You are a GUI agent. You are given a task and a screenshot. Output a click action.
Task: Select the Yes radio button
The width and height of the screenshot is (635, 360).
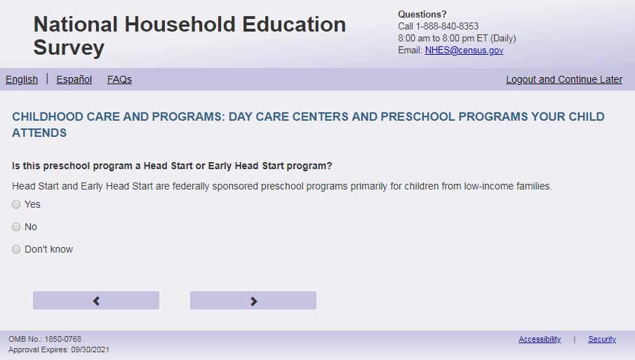click(16, 204)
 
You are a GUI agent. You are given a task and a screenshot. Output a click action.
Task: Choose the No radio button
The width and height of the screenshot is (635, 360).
click(16, 227)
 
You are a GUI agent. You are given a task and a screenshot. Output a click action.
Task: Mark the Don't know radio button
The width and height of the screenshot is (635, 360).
click(16, 249)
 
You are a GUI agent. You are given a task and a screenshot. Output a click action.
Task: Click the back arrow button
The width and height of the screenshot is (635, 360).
click(96, 300)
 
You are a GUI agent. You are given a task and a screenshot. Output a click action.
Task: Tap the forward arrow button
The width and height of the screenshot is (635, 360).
click(253, 300)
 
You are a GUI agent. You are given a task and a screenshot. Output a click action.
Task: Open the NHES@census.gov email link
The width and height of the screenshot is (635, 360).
click(464, 51)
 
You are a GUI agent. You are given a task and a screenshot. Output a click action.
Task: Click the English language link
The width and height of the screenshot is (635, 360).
click(22, 79)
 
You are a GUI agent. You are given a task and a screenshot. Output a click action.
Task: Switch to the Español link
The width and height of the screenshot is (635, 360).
click(74, 79)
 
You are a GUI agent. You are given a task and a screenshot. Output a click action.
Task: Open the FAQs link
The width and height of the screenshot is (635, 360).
click(119, 79)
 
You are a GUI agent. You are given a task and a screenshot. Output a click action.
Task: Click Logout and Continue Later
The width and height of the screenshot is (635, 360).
click(564, 79)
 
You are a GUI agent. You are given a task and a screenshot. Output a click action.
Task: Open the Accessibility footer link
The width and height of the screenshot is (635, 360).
click(540, 340)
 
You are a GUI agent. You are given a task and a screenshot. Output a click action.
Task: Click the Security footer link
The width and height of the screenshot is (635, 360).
click(602, 340)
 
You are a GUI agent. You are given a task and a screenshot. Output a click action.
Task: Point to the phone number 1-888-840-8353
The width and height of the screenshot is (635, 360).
click(447, 27)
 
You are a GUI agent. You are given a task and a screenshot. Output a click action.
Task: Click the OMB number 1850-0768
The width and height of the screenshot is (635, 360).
click(62, 339)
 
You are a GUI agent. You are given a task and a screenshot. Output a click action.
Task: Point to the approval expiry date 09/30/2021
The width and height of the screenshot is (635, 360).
click(91, 349)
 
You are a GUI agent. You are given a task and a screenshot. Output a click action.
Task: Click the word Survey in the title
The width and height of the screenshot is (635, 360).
click(69, 48)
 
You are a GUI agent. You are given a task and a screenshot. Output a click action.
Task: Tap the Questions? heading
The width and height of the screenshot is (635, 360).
click(422, 15)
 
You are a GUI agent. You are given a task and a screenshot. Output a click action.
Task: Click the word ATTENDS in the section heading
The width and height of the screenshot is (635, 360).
click(39, 133)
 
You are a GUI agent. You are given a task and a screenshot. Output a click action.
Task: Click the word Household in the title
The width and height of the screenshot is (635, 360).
click(180, 25)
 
